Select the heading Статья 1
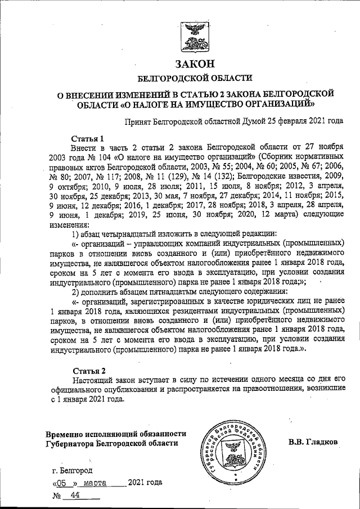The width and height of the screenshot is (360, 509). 88,138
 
